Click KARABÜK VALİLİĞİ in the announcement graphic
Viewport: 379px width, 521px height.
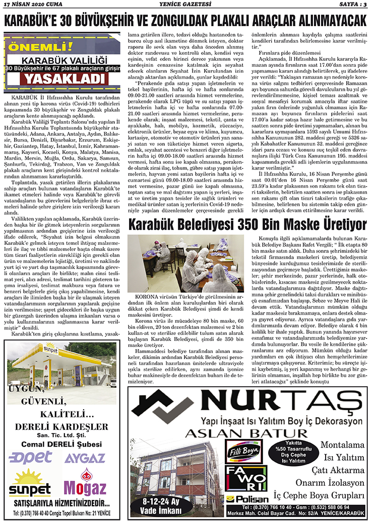coord(64,59)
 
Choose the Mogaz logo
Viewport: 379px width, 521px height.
coord(85,485)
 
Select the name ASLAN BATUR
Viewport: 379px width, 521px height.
coord(246,433)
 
